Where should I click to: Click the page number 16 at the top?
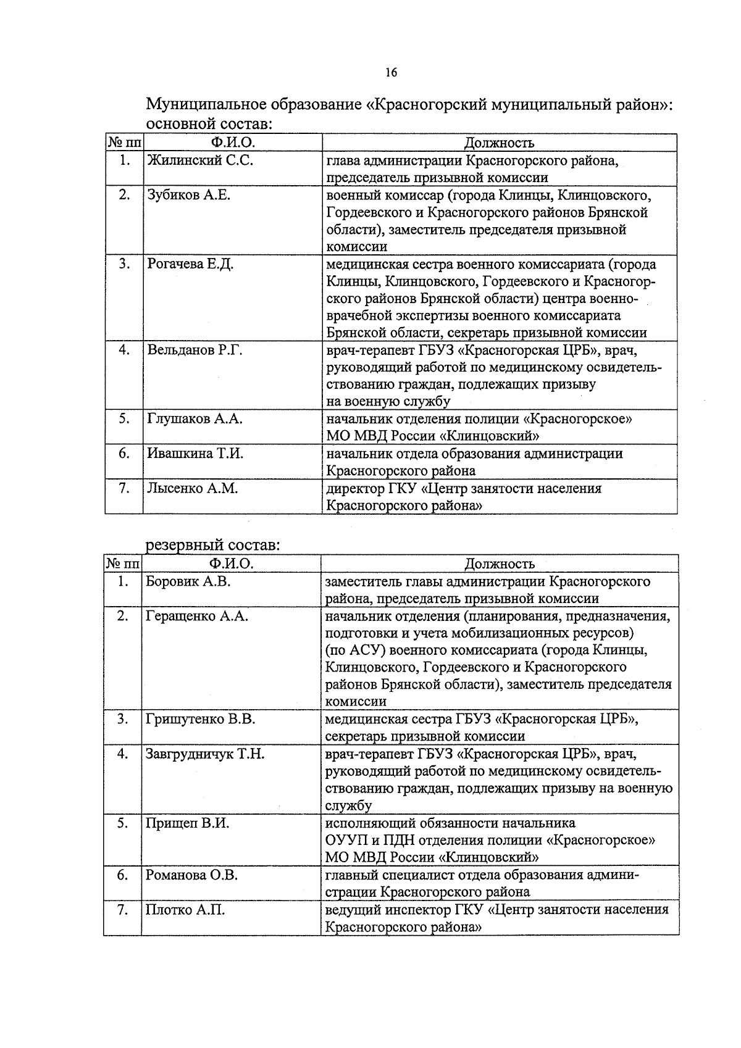pos(390,73)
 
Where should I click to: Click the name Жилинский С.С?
pos(200,161)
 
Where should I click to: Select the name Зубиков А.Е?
pos(188,195)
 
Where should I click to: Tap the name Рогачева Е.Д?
pos(190,264)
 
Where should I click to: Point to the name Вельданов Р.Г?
pos(195,351)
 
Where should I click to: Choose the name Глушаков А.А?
pos(195,418)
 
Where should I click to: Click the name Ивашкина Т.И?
pos(195,454)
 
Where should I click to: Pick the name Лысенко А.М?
pos(193,488)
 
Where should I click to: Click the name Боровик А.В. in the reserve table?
pos(188,581)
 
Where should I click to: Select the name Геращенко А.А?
pos(196,616)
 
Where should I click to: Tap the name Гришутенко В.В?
pos(200,719)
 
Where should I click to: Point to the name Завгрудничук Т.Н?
pos(205,754)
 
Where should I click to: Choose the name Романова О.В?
pos(191,875)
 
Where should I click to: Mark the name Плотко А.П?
pos(185,910)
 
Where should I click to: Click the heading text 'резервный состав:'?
pos(212,546)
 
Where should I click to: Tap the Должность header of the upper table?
pos(499,143)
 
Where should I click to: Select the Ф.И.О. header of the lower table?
pos(231,564)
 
